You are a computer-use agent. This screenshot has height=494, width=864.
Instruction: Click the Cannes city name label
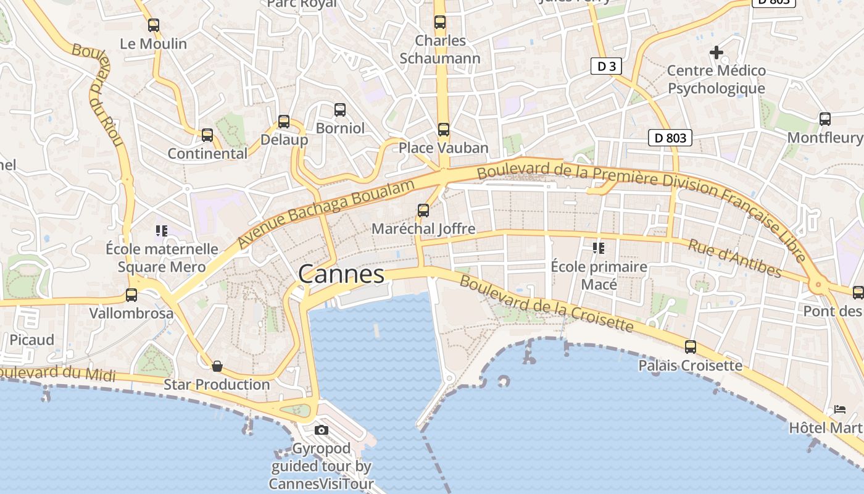tap(341, 274)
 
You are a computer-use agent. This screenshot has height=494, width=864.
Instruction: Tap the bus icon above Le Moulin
tap(154, 25)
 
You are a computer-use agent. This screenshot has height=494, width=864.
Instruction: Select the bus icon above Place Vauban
tap(443, 130)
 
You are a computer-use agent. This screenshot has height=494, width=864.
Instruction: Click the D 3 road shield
tap(605, 66)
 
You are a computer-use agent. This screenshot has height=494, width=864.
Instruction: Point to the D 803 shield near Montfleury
tap(670, 138)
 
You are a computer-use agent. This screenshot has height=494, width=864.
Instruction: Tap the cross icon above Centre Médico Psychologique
tap(716, 52)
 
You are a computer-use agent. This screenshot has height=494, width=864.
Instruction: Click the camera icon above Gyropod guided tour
tap(321, 430)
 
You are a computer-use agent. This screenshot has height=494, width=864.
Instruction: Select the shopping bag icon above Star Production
tap(217, 366)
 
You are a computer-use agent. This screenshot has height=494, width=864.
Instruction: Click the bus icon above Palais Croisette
tap(690, 347)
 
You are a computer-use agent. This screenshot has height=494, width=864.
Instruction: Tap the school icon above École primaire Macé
tap(598, 248)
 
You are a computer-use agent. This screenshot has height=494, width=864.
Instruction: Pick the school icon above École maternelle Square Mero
tap(162, 231)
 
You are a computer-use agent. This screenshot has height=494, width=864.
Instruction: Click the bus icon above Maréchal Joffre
tap(423, 211)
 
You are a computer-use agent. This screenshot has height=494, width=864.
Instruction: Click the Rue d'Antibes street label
tap(734, 259)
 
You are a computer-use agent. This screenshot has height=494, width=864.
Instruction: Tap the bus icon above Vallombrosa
tap(131, 295)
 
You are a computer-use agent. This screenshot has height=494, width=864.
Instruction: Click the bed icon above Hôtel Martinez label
tap(839, 409)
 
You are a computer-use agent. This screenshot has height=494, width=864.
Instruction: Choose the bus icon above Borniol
tap(339, 110)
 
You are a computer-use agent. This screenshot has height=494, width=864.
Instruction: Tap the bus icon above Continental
tap(207, 135)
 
